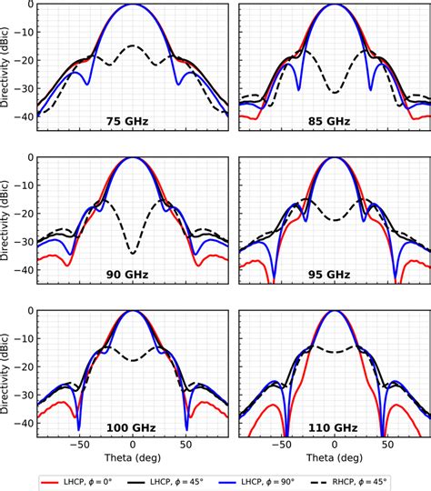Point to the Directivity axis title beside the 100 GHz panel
coord(8,368)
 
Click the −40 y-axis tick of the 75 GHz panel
coord(24,115)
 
